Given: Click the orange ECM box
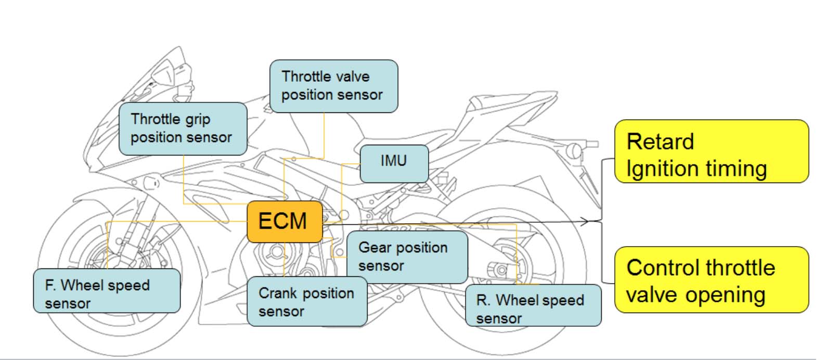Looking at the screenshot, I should point(285,222).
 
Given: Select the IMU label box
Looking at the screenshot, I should point(394,163).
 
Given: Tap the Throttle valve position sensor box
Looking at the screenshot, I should point(333,86).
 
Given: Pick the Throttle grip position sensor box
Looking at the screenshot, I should point(183,128).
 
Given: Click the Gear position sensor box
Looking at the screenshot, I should point(407,257).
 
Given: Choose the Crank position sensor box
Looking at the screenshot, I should point(306,302).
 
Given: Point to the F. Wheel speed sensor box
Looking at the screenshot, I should point(107,290).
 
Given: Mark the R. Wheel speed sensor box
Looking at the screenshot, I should point(533,305).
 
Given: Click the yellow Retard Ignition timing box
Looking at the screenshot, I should point(711,151).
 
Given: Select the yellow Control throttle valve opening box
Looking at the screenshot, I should point(711,280).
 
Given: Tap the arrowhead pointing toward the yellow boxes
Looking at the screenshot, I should point(585,222).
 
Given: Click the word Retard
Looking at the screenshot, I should point(660,142).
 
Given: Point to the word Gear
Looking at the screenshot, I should point(375,248).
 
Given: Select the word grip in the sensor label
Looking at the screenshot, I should point(198,120).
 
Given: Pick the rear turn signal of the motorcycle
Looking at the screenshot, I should point(575,150).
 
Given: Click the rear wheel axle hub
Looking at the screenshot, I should point(501,271).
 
